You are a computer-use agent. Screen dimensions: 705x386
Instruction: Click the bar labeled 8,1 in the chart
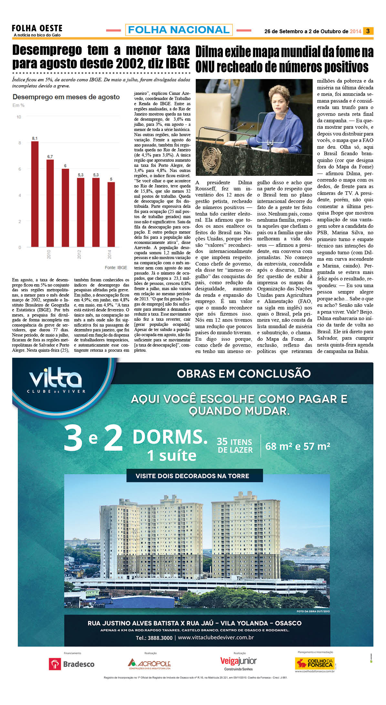coord(35,194)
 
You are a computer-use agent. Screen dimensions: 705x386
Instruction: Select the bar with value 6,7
coord(50,203)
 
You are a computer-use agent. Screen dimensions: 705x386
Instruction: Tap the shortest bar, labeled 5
coord(111,215)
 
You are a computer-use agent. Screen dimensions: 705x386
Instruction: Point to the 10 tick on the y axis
coord(19,117)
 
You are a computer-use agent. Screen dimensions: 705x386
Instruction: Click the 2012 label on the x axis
coord(79,254)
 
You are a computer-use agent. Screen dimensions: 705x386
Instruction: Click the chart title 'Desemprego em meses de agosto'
coord(66,97)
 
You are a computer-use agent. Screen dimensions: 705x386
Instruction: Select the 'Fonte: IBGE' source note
coord(116,267)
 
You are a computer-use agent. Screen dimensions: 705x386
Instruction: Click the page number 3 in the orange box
coord(368,31)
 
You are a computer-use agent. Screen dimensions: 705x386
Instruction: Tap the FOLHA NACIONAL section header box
coord(179,30)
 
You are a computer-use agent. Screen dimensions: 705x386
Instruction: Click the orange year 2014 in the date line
coord(355,31)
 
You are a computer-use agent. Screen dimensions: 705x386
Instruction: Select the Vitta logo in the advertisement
coord(55,381)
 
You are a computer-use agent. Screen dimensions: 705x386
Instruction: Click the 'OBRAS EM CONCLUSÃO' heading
coord(244,374)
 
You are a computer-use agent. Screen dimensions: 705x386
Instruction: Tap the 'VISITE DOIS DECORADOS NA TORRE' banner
coord(192,476)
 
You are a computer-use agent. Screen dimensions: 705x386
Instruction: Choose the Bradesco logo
coord(72,664)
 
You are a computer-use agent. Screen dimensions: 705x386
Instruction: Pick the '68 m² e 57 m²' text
coord(297,447)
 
